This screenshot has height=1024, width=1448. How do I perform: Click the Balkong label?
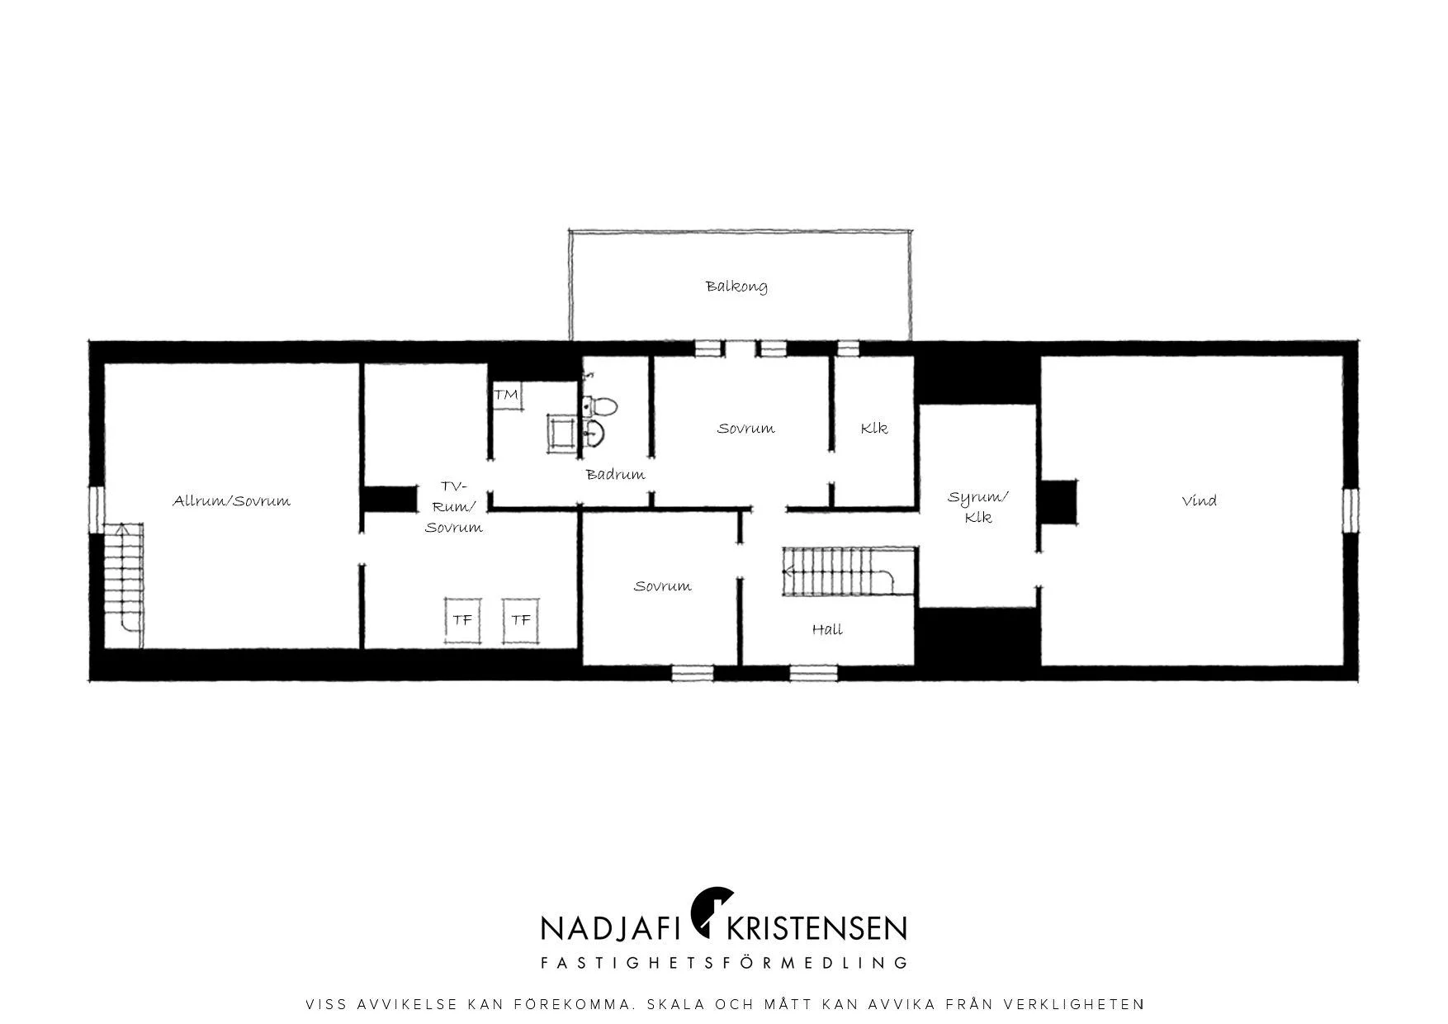736,287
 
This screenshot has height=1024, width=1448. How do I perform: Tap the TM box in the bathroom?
507,395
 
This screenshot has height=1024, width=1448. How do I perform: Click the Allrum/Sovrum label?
231,500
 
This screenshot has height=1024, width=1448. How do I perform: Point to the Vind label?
1199,500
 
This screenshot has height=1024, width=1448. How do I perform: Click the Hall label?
827,629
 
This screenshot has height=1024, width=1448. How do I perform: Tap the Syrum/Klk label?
978,507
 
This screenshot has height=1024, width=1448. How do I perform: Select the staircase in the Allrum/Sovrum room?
123,576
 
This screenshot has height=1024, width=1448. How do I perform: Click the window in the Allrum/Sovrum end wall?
97,510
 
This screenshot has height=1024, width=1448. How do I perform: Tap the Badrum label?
615,475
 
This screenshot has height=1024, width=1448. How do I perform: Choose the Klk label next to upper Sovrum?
873,429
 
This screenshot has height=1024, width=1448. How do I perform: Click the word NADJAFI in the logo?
611,928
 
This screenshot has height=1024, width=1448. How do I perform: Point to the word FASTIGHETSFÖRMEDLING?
724,963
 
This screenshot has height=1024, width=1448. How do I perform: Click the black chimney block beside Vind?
1058,502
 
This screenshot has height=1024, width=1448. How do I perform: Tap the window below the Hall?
813,673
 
